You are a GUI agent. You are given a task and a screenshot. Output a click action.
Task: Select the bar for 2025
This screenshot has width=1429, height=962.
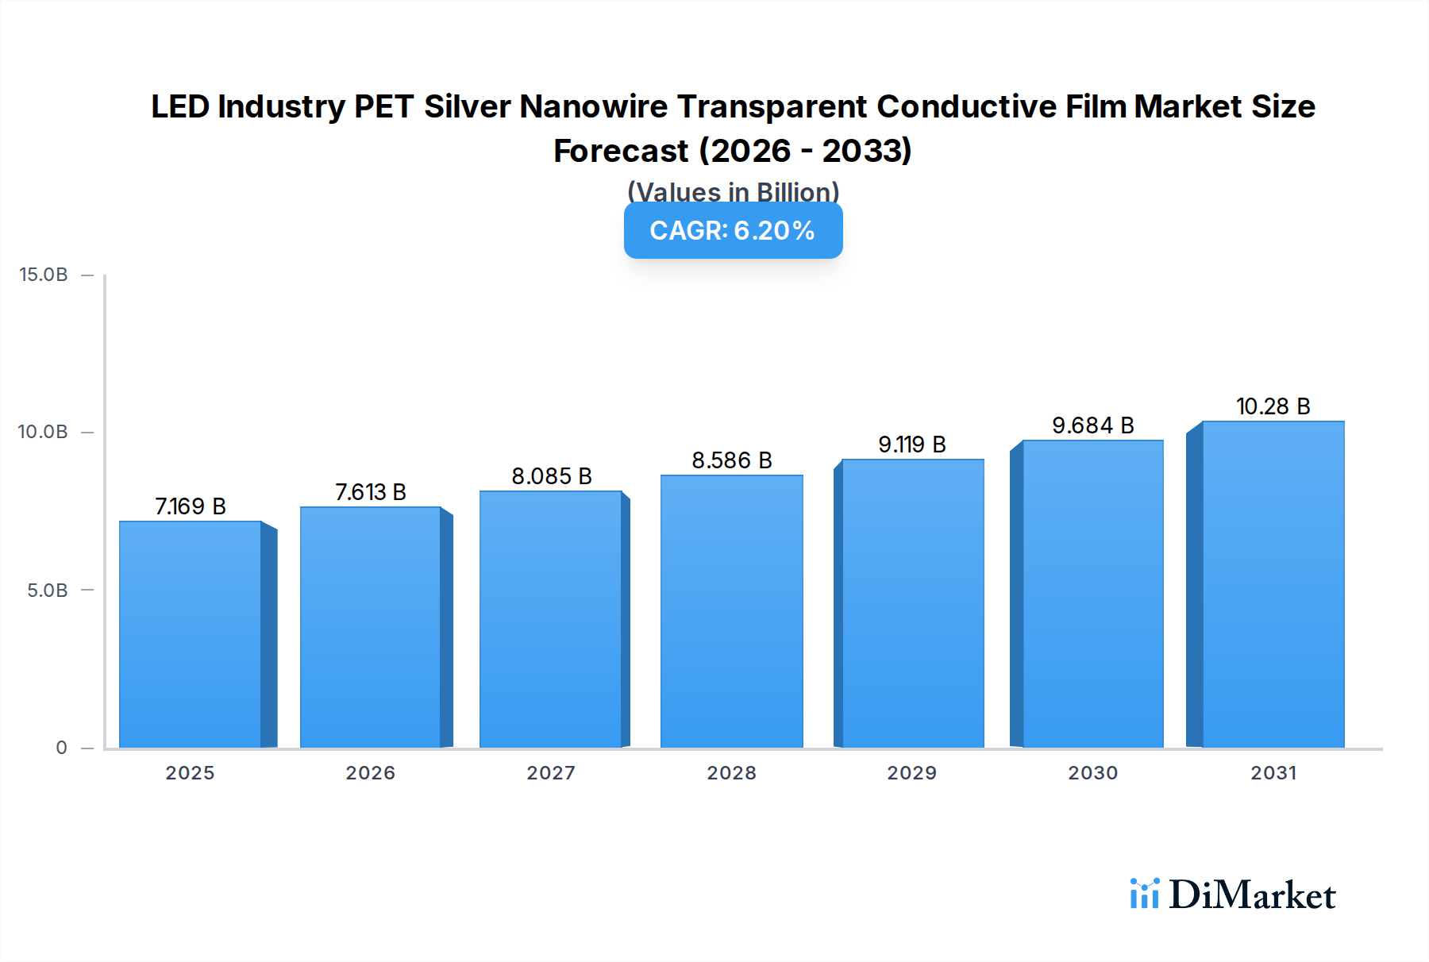pyautogui.click(x=191, y=635)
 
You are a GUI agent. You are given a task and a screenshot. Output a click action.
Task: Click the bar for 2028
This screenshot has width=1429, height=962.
pyautogui.click(x=731, y=611)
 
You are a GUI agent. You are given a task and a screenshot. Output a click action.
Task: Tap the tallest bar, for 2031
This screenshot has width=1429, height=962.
pyautogui.click(x=1273, y=584)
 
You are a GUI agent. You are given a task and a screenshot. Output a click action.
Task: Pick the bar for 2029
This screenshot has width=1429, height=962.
pyautogui.click(x=912, y=603)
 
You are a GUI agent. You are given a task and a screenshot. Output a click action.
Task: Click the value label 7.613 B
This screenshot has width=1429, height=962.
pyautogui.click(x=370, y=492)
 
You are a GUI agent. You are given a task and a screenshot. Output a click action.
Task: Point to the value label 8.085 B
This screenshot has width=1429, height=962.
pyautogui.click(x=551, y=476)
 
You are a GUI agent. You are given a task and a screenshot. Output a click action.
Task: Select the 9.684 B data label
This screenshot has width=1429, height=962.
pyautogui.click(x=1092, y=425)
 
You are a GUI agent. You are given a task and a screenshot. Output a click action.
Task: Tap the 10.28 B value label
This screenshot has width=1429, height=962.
pyautogui.click(x=1273, y=406)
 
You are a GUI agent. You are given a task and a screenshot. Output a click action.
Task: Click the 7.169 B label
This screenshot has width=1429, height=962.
pyautogui.click(x=191, y=506)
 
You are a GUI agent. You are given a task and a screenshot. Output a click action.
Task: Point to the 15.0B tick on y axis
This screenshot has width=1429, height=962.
pyautogui.click(x=44, y=275)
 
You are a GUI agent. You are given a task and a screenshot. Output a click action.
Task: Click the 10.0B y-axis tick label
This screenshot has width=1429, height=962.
pyautogui.click(x=44, y=432)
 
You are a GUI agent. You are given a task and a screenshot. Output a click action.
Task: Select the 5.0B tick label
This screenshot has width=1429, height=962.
pyautogui.click(x=48, y=590)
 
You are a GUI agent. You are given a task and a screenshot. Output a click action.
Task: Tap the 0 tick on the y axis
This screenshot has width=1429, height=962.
pyautogui.click(x=61, y=747)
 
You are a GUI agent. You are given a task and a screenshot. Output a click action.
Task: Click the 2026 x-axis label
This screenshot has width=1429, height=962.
pyautogui.click(x=370, y=772)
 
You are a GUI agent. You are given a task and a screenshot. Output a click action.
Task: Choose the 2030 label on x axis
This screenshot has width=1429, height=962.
pyautogui.click(x=1092, y=772)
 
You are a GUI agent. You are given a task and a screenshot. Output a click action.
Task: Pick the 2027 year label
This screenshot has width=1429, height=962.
pyautogui.click(x=551, y=772)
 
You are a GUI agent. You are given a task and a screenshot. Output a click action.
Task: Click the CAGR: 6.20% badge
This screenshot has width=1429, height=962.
pyautogui.click(x=733, y=231)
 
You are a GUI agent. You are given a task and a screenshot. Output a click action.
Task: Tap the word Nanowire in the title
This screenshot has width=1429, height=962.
pyautogui.click(x=593, y=106)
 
